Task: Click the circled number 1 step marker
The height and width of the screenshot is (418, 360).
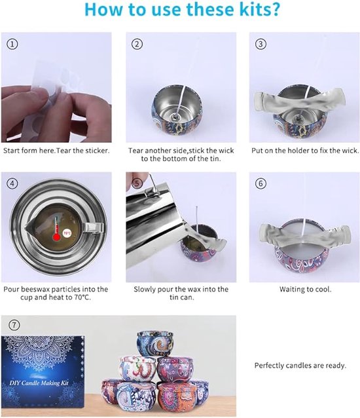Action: click(12, 44)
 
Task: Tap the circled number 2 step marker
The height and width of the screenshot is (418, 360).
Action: click(137, 44)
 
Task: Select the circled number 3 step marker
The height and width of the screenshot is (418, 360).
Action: click(261, 44)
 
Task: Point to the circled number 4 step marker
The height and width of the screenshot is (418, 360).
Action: click(12, 183)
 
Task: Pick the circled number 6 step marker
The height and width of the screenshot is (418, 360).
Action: click(261, 183)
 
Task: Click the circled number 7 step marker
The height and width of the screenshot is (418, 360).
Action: click(14, 325)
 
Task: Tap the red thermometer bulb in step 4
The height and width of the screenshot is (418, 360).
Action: click(56, 237)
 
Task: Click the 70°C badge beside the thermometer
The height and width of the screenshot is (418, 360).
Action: click(67, 233)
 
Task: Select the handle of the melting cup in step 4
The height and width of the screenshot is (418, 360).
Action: click(93, 227)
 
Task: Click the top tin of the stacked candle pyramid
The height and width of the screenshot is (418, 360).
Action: click(156, 344)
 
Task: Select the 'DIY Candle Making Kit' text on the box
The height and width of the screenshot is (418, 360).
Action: click(39, 383)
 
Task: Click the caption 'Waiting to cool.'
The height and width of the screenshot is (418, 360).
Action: click(306, 289)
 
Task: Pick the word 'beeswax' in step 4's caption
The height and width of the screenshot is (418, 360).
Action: click(36, 289)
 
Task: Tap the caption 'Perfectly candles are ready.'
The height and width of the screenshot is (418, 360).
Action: click(300, 366)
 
